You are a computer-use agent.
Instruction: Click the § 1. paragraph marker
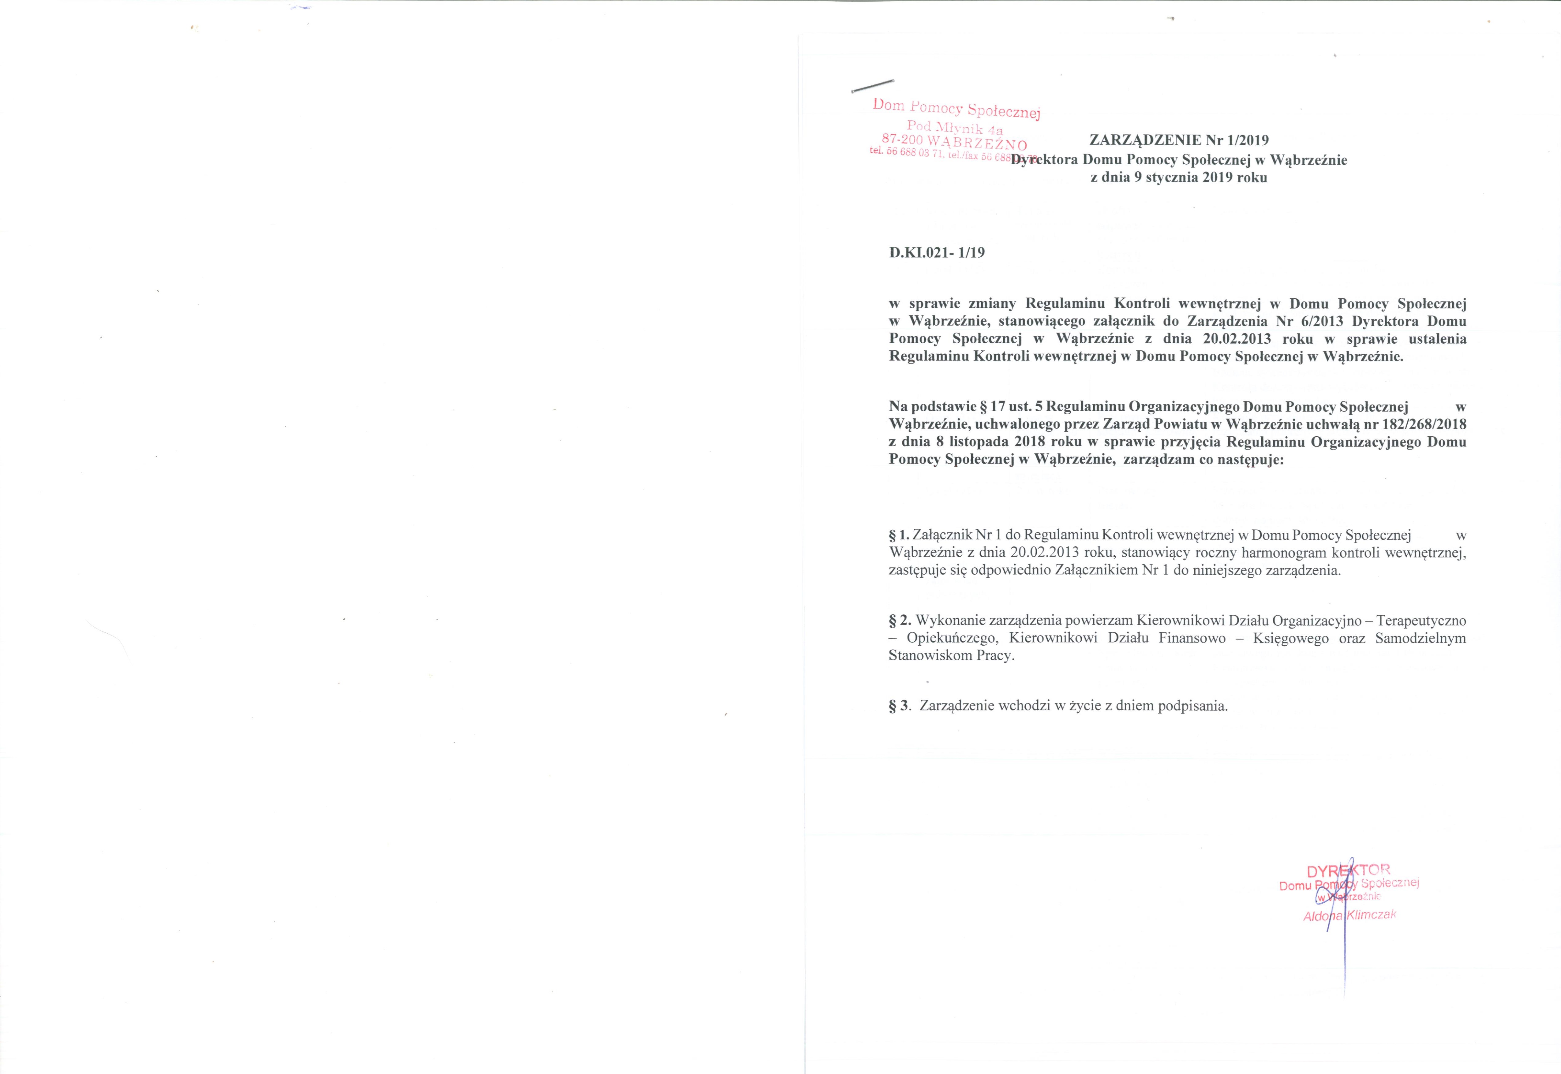[899, 536]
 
